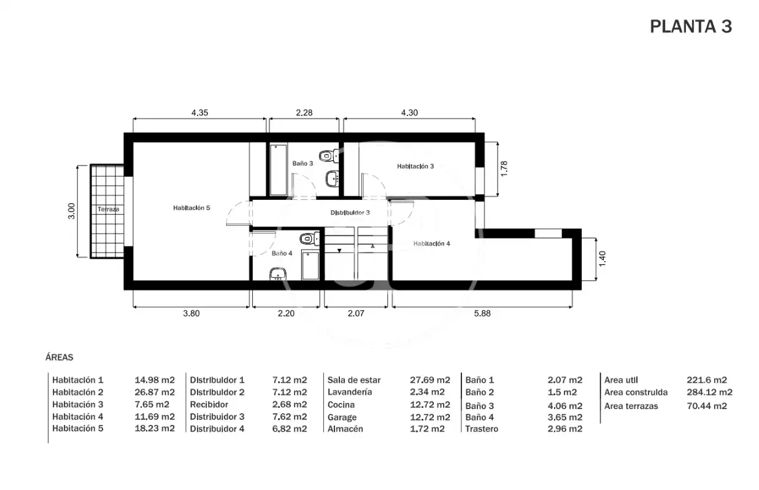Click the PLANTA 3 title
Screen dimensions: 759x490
click(x=691, y=26)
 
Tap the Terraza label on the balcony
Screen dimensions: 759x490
click(x=108, y=209)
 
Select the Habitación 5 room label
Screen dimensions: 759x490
click(x=191, y=208)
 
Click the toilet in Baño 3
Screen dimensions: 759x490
click(x=329, y=156)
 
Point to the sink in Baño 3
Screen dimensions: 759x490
click(x=333, y=179)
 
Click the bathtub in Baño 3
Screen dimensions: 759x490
click(x=279, y=170)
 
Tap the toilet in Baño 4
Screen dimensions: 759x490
click(x=310, y=239)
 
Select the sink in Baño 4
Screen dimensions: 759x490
click(x=278, y=274)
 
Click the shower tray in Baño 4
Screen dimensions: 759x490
click(x=310, y=266)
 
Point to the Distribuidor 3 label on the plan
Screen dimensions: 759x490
click(x=350, y=213)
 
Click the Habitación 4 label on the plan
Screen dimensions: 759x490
click(x=432, y=243)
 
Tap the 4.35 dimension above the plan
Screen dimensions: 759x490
click(x=199, y=113)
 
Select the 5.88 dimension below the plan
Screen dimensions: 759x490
click(x=482, y=313)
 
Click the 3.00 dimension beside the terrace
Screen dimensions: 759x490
click(x=71, y=211)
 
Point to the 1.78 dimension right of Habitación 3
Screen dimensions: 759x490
click(x=504, y=169)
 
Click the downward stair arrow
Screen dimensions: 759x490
click(x=339, y=251)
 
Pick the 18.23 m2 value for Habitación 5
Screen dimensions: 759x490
click(x=155, y=429)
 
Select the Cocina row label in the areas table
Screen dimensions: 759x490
click(x=341, y=405)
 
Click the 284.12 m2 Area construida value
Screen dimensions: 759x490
click(x=709, y=392)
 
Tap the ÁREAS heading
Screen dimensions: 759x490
click(x=60, y=358)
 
